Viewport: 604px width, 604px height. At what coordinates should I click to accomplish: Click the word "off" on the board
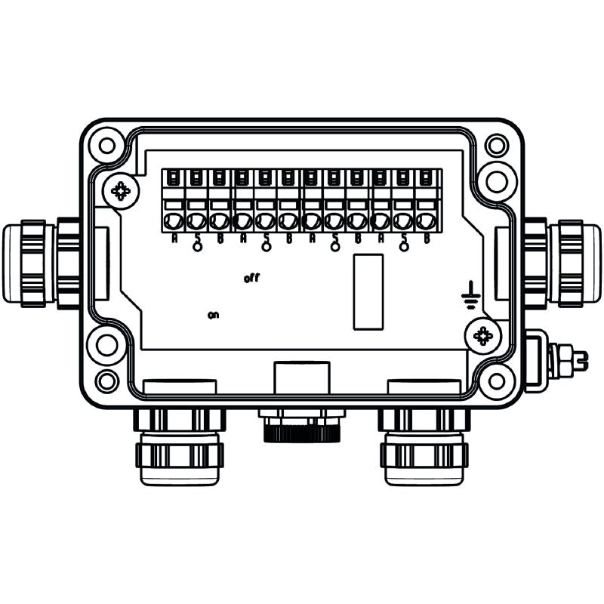pos(252,279)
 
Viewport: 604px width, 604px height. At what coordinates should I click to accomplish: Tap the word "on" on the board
pos(213,315)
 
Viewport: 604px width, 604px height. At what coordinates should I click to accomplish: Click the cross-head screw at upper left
pos(120,190)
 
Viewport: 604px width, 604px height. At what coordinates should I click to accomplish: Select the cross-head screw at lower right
pos(483,335)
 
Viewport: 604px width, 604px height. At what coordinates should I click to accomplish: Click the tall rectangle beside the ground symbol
pos(368,291)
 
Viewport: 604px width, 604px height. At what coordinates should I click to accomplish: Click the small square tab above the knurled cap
pos(301,376)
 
